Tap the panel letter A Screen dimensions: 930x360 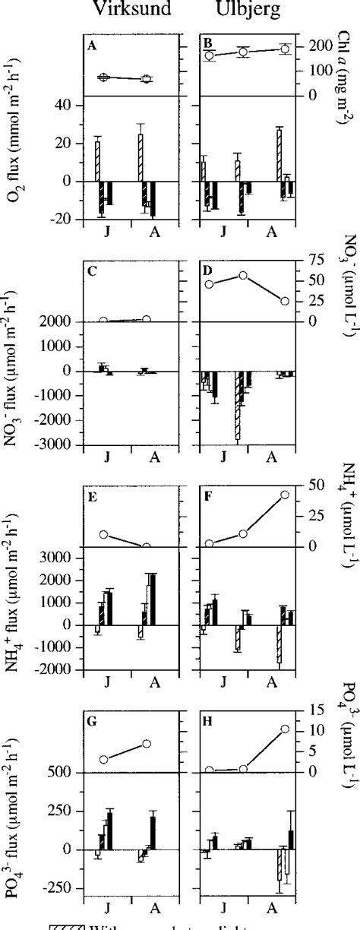pos(92,44)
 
